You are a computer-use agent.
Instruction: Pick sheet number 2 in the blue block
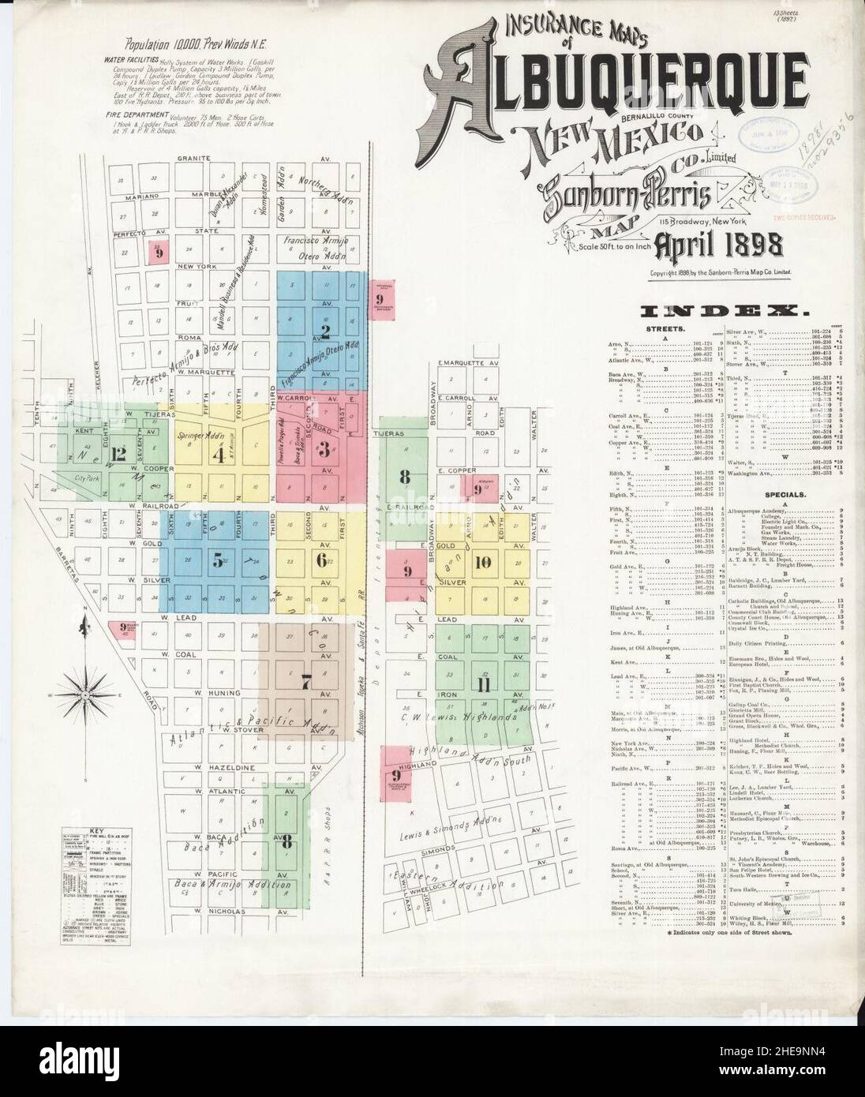pos(324,330)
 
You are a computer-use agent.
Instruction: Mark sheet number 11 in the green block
pos(484,685)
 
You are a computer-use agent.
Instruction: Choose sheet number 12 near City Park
pos(119,453)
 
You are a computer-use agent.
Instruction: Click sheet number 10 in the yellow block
pos(484,562)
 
